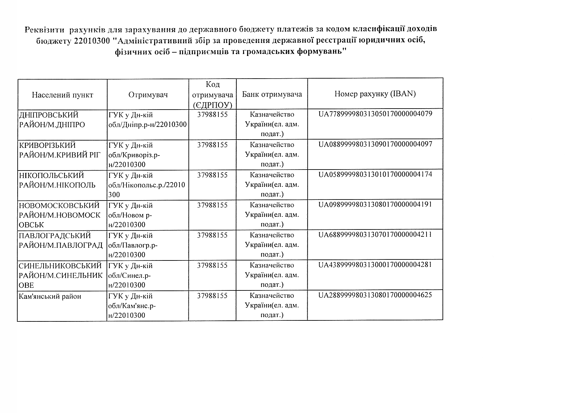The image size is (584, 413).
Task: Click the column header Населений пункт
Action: [63, 95]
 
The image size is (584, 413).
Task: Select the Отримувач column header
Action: [148, 95]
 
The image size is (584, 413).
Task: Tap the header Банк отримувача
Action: [272, 94]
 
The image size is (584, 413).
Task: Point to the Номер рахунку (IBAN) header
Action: [375, 94]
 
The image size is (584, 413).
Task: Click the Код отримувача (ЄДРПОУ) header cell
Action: [213, 95]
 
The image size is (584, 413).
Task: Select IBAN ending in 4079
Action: [375, 114]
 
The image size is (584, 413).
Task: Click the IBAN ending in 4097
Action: [375, 144]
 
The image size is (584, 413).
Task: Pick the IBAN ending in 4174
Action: [375, 174]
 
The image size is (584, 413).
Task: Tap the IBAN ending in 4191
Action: [375, 204]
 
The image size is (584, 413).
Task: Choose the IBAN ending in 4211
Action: [375, 234]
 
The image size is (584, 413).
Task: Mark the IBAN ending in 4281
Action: [375, 265]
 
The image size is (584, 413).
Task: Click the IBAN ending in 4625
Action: [375, 295]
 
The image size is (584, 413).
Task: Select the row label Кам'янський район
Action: [50, 296]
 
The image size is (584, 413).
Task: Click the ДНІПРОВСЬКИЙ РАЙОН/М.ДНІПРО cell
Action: [52, 120]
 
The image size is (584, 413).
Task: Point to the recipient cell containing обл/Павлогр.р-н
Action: [133, 245]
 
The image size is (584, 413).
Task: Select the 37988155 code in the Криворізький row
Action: [212, 145]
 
